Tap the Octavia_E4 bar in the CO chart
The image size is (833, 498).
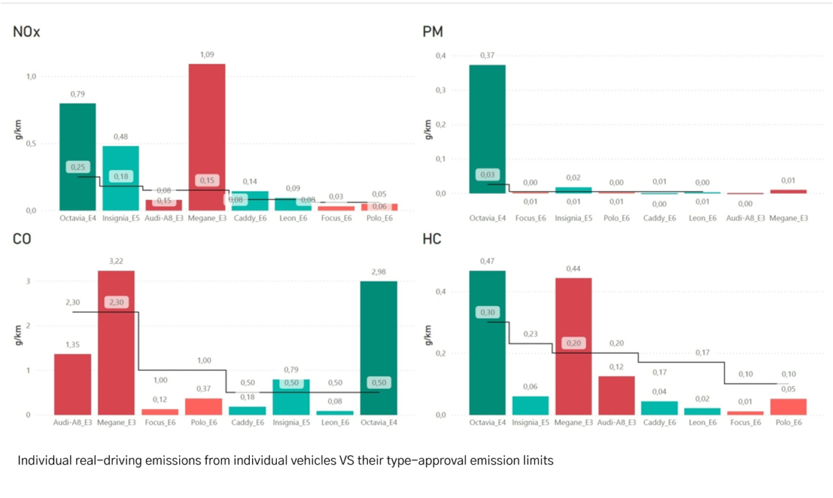pyautogui.click(x=378, y=347)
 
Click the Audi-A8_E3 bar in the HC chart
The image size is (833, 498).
pyautogui.click(x=616, y=395)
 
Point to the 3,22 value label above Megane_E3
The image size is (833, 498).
pyautogui.click(x=116, y=260)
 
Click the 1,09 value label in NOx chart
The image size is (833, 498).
pyautogui.click(x=207, y=54)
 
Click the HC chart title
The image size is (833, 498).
pyautogui.click(x=432, y=240)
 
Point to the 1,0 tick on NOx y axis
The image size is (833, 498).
pyautogui.click(x=32, y=77)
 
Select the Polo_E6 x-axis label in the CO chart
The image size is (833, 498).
pyautogui.click(x=203, y=423)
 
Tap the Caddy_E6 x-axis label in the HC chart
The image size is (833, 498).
pyautogui.click(x=659, y=423)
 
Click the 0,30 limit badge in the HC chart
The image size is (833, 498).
pyautogui.click(x=487, y=313)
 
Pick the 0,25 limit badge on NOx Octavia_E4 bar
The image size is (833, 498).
pyautogui.click(x=78, y=167)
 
